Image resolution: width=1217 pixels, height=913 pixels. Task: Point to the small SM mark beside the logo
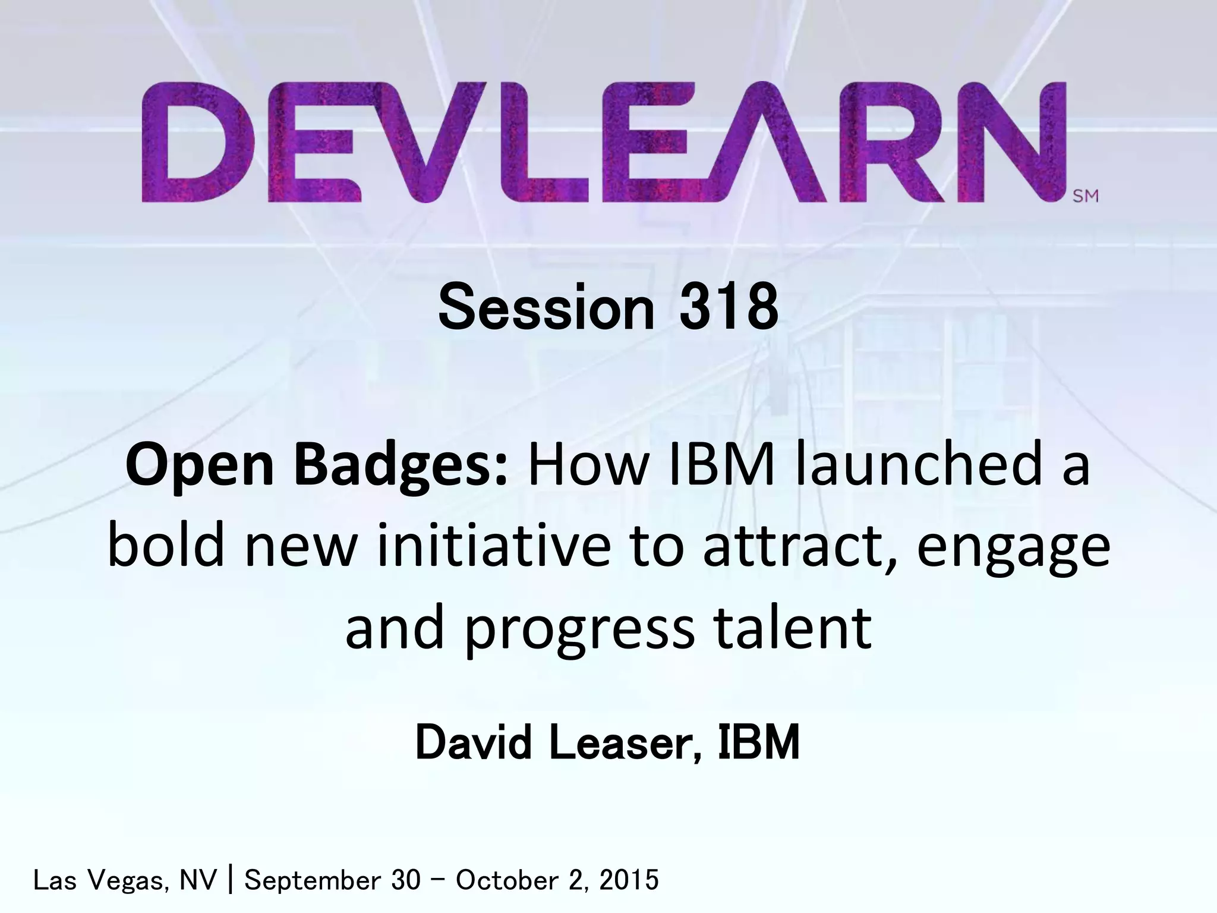point(1086,196)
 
